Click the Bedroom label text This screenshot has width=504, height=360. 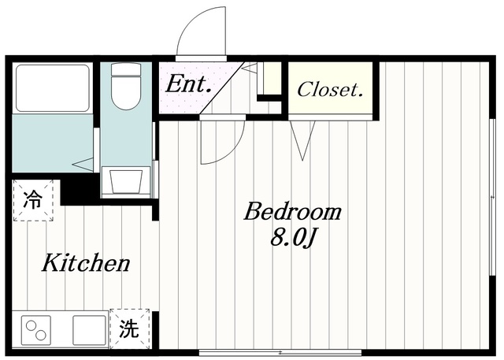(292, 212)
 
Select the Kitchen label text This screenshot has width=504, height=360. (86, 263)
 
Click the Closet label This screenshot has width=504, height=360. (331, 91)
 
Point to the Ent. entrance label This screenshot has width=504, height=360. (187, 84)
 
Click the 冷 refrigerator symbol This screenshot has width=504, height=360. (32, 199)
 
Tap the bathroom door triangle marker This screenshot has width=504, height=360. (83, 163)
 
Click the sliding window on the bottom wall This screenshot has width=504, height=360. (283, 352)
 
